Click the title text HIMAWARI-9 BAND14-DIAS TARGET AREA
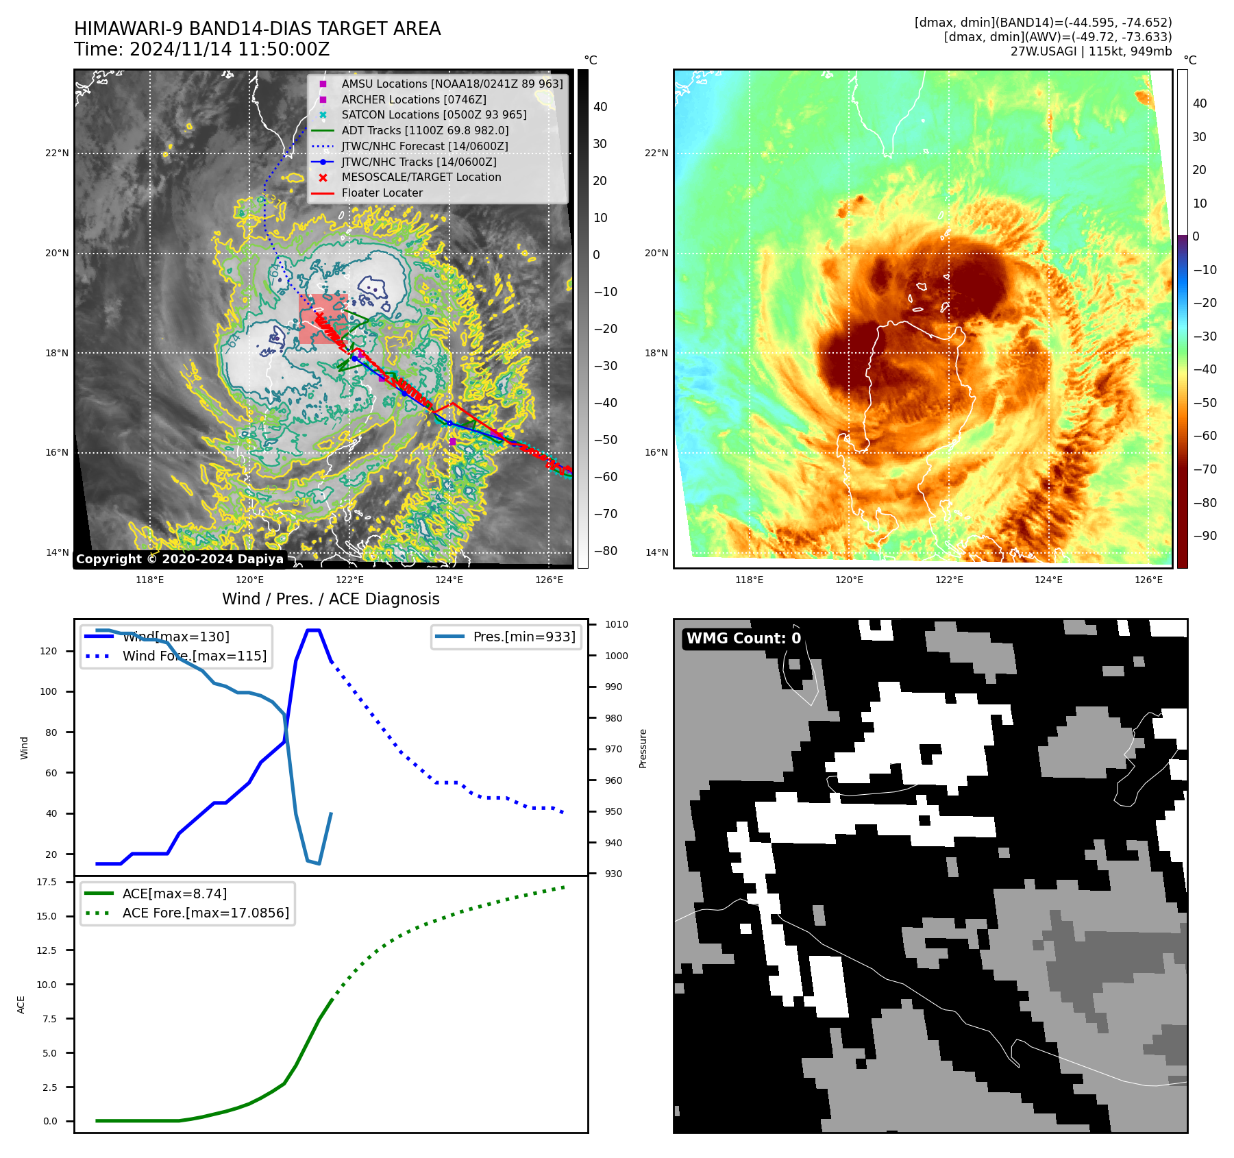(257, 29)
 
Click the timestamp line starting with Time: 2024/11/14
(202, 49)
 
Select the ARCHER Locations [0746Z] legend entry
(414, 99)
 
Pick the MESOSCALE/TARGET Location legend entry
(421, 177)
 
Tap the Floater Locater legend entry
(382, 193)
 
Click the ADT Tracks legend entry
(425, 130)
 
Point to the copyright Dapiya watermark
(180, 559)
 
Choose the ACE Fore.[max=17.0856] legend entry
(205, 913)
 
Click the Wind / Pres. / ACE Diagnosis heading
(330, 599)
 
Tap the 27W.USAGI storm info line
(1091, 51)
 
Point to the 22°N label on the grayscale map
(57, 153)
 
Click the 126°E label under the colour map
(1148, 580)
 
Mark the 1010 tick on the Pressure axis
(616, 624)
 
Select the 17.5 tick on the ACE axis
(47, 882)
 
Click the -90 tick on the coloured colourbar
(1205, 536)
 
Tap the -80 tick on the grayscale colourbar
(605, 551)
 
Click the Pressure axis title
(643, 748)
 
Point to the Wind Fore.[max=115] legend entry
(194, 656)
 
